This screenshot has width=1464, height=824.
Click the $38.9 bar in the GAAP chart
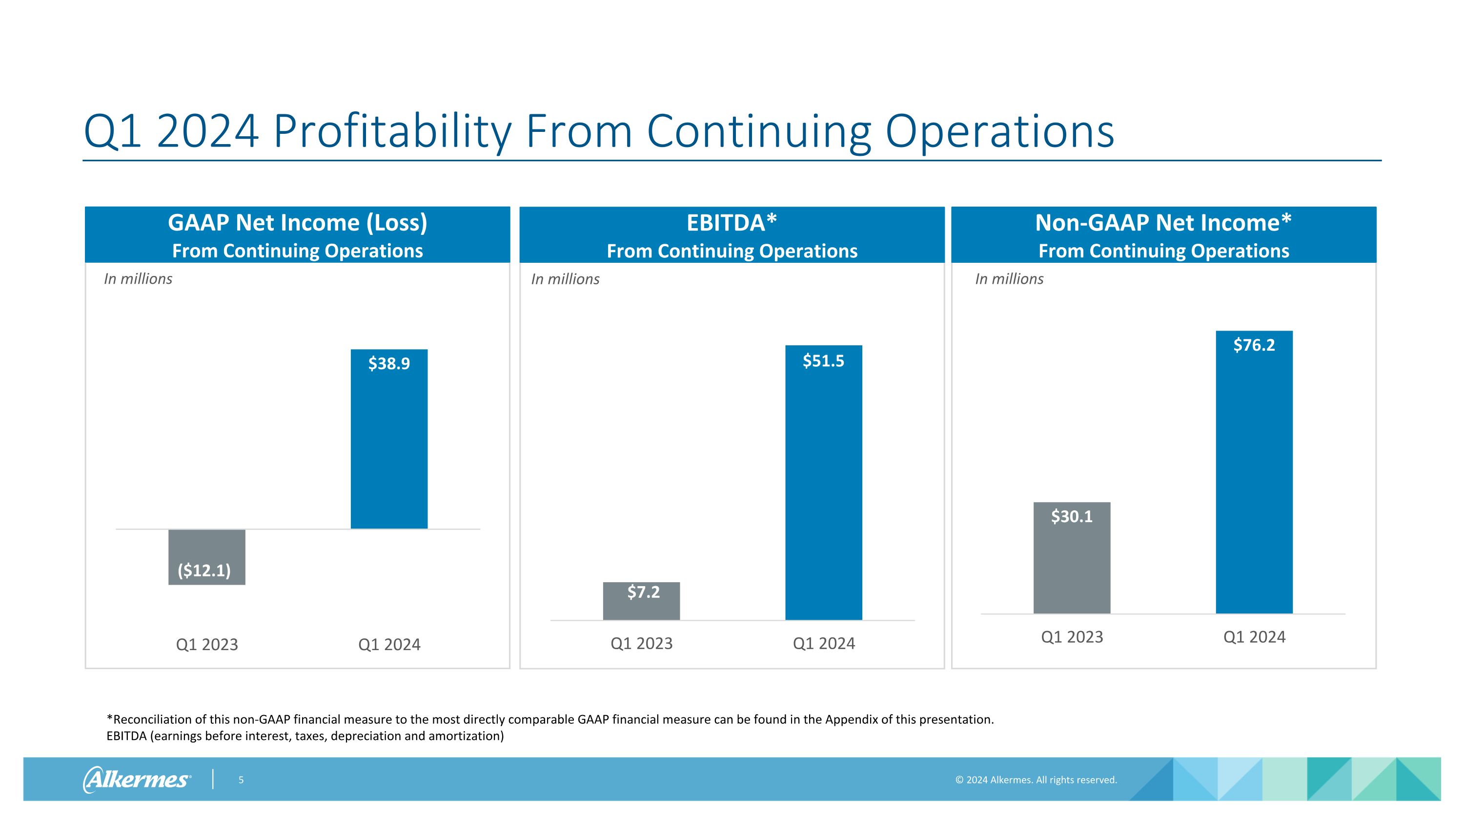click(389, 439)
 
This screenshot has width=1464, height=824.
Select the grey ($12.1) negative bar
click(207, 557)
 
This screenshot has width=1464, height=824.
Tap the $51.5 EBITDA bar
click(824, 482)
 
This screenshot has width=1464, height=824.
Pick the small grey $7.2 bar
click(641, 601)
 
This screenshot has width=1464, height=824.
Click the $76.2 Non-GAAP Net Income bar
click(1254, 472)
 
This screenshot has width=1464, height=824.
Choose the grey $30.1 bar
click(1071, 557)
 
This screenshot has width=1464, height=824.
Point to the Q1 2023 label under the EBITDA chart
click(641, 643)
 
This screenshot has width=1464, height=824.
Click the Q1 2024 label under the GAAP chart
click(389, 644)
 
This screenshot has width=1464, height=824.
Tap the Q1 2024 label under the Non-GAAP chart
click(1254, 637)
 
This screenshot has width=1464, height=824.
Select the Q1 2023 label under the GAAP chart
click(207, 644)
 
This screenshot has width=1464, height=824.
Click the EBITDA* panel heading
click(732, 223)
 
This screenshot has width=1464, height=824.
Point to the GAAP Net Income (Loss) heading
click(297, 223)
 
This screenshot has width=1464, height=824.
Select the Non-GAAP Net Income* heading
click(1163, 223)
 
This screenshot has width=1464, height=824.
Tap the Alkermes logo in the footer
click(137, 779)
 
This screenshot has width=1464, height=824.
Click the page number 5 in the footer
click(241, 780)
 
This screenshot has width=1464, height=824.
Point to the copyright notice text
click(1036, 780)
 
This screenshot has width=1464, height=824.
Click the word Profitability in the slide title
click(392, 132)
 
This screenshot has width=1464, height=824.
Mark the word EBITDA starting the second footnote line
click(127, 736)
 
